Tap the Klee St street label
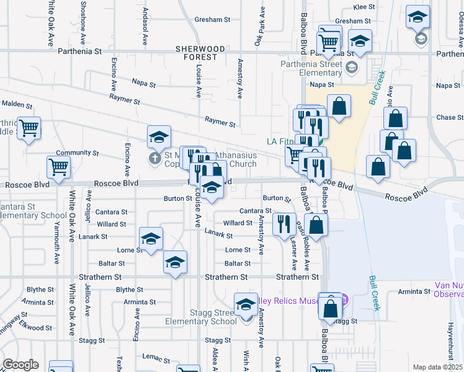pos(365,7)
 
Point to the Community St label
pos(78,153)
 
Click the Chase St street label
pos(445,117)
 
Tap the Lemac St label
pos(156,358)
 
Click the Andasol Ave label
pos(146,22)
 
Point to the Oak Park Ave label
pos(259,26)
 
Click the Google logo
pos(20,365)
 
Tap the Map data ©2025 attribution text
pos(437,367)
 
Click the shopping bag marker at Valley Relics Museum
pos(331,306)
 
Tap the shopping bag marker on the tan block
pos(339,107)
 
